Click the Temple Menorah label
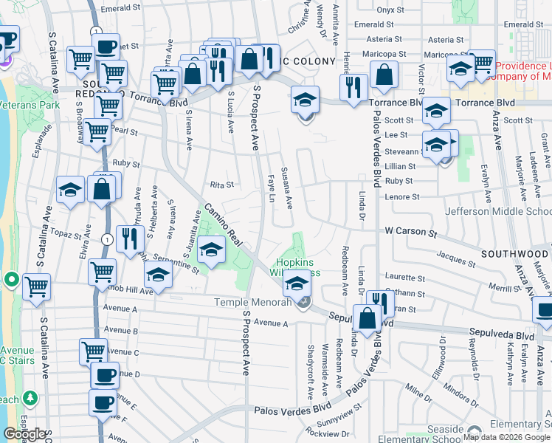pos(251,302)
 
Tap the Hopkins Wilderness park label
pos(298,267)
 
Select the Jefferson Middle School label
pos(498,211)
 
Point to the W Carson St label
pos(411,231)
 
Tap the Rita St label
pos(221,185)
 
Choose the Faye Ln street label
pos(271,185)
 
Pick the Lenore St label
pos(402,197)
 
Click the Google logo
pos(24,434)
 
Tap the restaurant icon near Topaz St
pos(127,237)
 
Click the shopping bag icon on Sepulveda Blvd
pos(367,319)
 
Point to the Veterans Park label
pos(30,106)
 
